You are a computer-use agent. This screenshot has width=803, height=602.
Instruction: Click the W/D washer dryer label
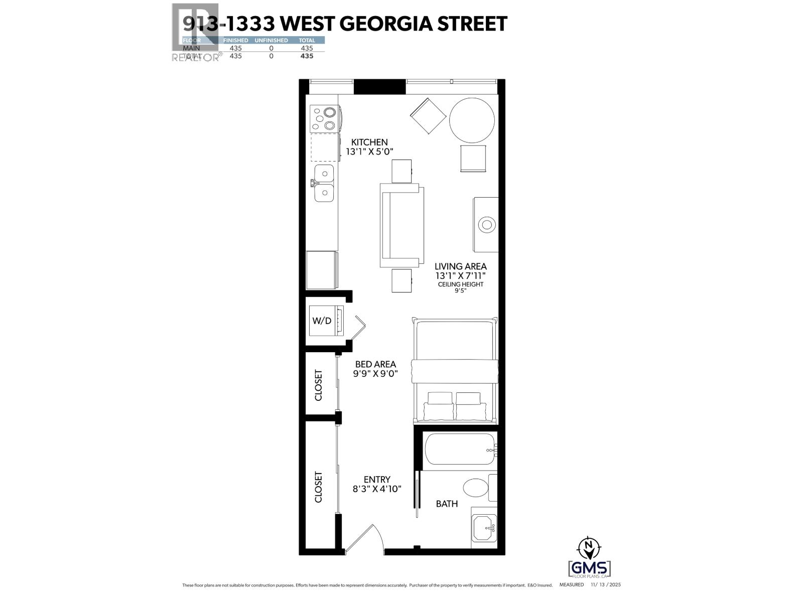point(322,321)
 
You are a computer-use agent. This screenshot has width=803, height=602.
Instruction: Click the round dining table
point(472,120)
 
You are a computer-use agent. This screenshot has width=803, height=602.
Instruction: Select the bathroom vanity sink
point(484,527)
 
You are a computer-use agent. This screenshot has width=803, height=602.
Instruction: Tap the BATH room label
point(446,504)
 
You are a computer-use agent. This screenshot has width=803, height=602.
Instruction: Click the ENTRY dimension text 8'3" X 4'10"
point(377,489)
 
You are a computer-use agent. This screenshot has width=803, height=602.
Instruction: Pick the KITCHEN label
point(369,142)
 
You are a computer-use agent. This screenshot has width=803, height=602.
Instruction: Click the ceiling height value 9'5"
point(461,291)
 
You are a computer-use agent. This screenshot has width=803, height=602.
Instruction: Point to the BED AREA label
point(375,364)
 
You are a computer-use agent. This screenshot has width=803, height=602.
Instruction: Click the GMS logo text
point(590,568)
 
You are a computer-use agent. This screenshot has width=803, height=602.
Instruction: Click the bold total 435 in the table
point(306,56)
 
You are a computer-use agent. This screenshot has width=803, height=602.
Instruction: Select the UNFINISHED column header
point(271,40)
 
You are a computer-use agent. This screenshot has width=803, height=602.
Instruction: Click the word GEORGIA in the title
point(387,24)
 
